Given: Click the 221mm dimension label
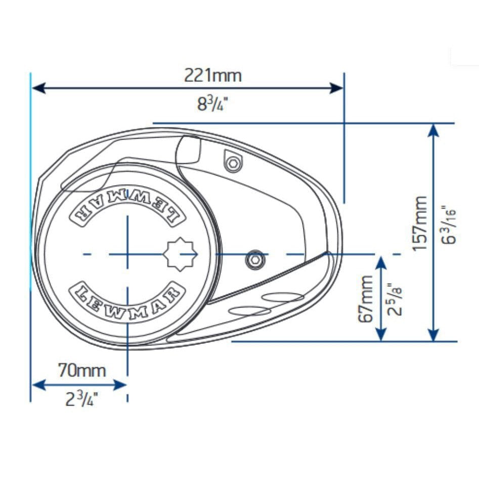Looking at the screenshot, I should tap(212, 76).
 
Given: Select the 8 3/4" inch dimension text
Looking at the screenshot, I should tap(212, 105).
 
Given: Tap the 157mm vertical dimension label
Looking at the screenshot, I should tap(419, 224).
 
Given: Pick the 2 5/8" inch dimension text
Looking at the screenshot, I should tap(395, 299).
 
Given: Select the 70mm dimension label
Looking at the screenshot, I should tap(82, 371).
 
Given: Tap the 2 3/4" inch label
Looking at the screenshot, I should tap(81, 400).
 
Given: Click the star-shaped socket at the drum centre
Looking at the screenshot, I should tap(181, 253).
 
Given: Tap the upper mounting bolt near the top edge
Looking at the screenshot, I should tap(233, 163).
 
